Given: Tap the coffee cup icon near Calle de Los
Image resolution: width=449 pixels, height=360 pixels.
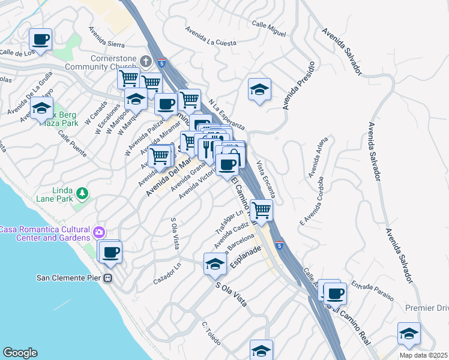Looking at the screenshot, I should click(40, 40).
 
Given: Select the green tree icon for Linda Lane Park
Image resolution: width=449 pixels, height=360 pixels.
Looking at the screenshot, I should click(81, 194).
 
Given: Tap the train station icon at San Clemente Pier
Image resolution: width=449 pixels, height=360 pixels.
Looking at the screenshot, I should click(109, 278).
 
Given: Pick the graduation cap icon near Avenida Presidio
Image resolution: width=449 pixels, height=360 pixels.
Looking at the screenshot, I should click(259, 90).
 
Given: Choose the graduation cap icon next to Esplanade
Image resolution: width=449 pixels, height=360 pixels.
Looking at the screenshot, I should click(215, 263).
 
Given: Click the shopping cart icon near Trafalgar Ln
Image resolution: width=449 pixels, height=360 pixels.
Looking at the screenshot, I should click(262, 211).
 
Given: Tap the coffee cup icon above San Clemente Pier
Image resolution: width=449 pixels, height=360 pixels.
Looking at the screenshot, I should click(110, 252).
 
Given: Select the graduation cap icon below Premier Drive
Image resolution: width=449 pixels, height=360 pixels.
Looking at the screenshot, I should click(409, 334).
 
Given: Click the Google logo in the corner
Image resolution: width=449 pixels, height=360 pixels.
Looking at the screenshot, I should click(20, 353).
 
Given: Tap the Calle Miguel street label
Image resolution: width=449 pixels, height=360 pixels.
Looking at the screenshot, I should click(268, 28).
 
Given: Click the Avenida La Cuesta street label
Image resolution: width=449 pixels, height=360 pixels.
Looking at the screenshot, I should click(209, 36).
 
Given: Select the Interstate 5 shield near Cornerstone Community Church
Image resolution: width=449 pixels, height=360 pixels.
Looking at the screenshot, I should click(161, 62).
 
